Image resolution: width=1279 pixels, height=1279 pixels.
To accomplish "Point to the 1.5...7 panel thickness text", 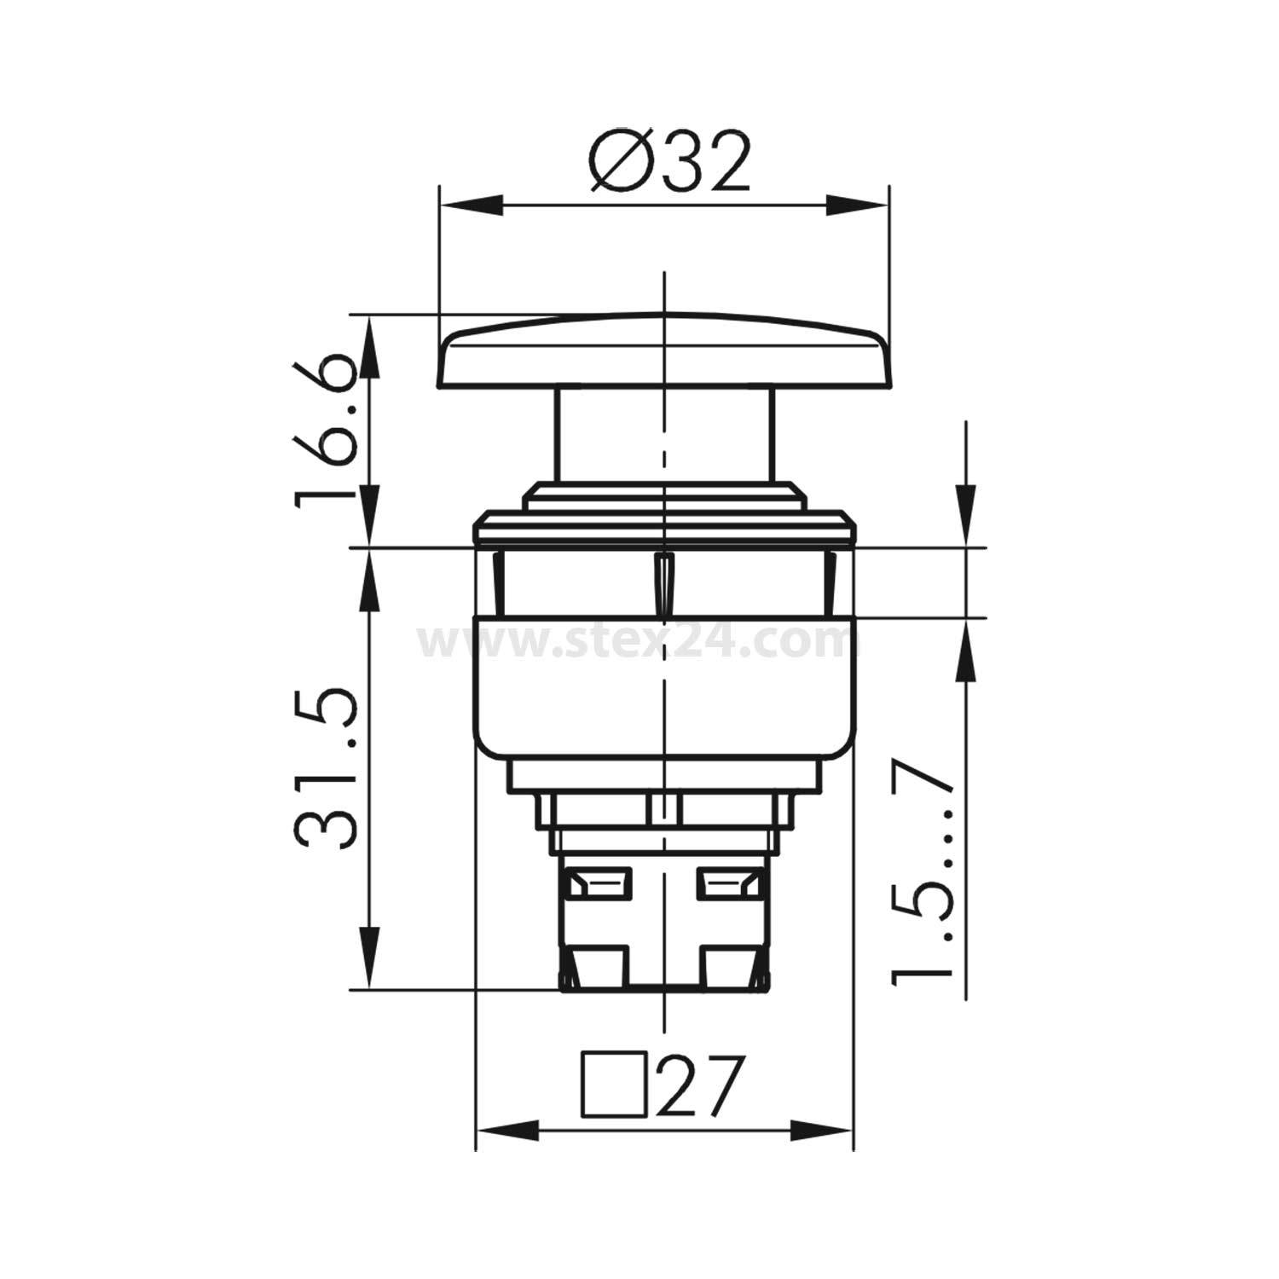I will click(x=921, y=870).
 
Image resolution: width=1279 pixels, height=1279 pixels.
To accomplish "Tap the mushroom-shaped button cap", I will click(x=663, y=354).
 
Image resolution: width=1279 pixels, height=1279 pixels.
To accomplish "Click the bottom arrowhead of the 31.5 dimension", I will click(x=369, y=959).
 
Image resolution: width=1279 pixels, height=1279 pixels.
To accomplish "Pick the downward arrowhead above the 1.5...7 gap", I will click(x=965, y=517).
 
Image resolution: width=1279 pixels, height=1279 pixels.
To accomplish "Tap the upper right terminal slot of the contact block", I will click(x=730, y=882).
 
